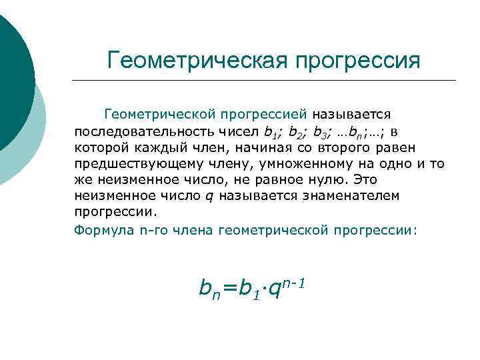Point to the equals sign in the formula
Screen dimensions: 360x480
229,288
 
